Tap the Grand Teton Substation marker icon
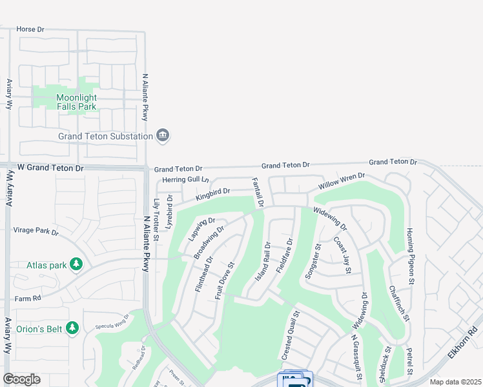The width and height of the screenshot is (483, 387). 163,135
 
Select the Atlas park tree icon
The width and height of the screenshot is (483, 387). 76,264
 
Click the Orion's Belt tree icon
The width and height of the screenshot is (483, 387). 72,328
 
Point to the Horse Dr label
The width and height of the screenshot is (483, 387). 30,29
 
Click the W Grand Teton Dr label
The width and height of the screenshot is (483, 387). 50,168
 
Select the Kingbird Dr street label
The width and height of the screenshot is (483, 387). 213,192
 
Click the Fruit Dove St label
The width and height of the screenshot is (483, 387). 225,279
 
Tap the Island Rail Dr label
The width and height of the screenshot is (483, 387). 263,261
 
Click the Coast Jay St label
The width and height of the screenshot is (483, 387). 342,255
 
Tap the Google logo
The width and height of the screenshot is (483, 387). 21,379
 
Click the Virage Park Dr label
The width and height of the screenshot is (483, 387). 36,231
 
